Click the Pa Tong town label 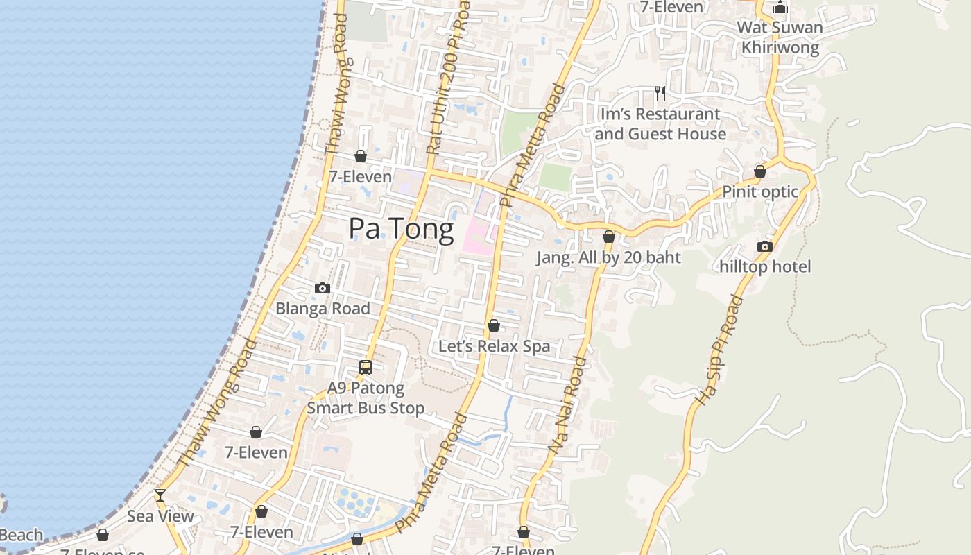401,228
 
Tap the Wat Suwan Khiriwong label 780,37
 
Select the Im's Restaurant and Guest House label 660,124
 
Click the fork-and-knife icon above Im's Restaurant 660,94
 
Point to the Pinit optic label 760,192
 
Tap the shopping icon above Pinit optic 760,171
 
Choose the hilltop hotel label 765,266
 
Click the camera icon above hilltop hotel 765,246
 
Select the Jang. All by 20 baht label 608,257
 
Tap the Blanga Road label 323,309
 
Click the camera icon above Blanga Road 323,288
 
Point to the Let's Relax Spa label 494,346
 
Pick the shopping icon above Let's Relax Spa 494,325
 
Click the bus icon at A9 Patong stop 366,368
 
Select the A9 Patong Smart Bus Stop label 366,398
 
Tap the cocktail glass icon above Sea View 160,495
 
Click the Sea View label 160,516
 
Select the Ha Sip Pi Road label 718,350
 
